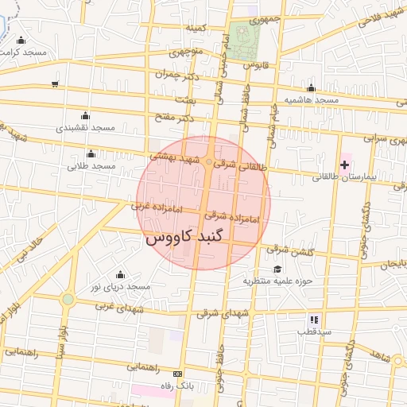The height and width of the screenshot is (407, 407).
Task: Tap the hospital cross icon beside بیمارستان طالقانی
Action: (x=344, y=165)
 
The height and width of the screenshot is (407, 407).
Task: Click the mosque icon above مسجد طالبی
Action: (x=91, y=153)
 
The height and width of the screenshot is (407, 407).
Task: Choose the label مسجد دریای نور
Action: (x=120, y=286)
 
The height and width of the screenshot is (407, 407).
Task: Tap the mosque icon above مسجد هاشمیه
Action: (x=310, y=87)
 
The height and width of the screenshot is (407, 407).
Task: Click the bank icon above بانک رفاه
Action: (x=177, y=374)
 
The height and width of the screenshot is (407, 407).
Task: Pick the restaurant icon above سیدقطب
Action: (x=314, y=318)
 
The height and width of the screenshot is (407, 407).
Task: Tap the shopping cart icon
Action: (x=54, y=83)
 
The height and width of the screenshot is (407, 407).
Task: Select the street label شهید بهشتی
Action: (x=175, y=157)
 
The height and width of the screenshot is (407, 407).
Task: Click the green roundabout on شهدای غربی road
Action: (x=68, y=299)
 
